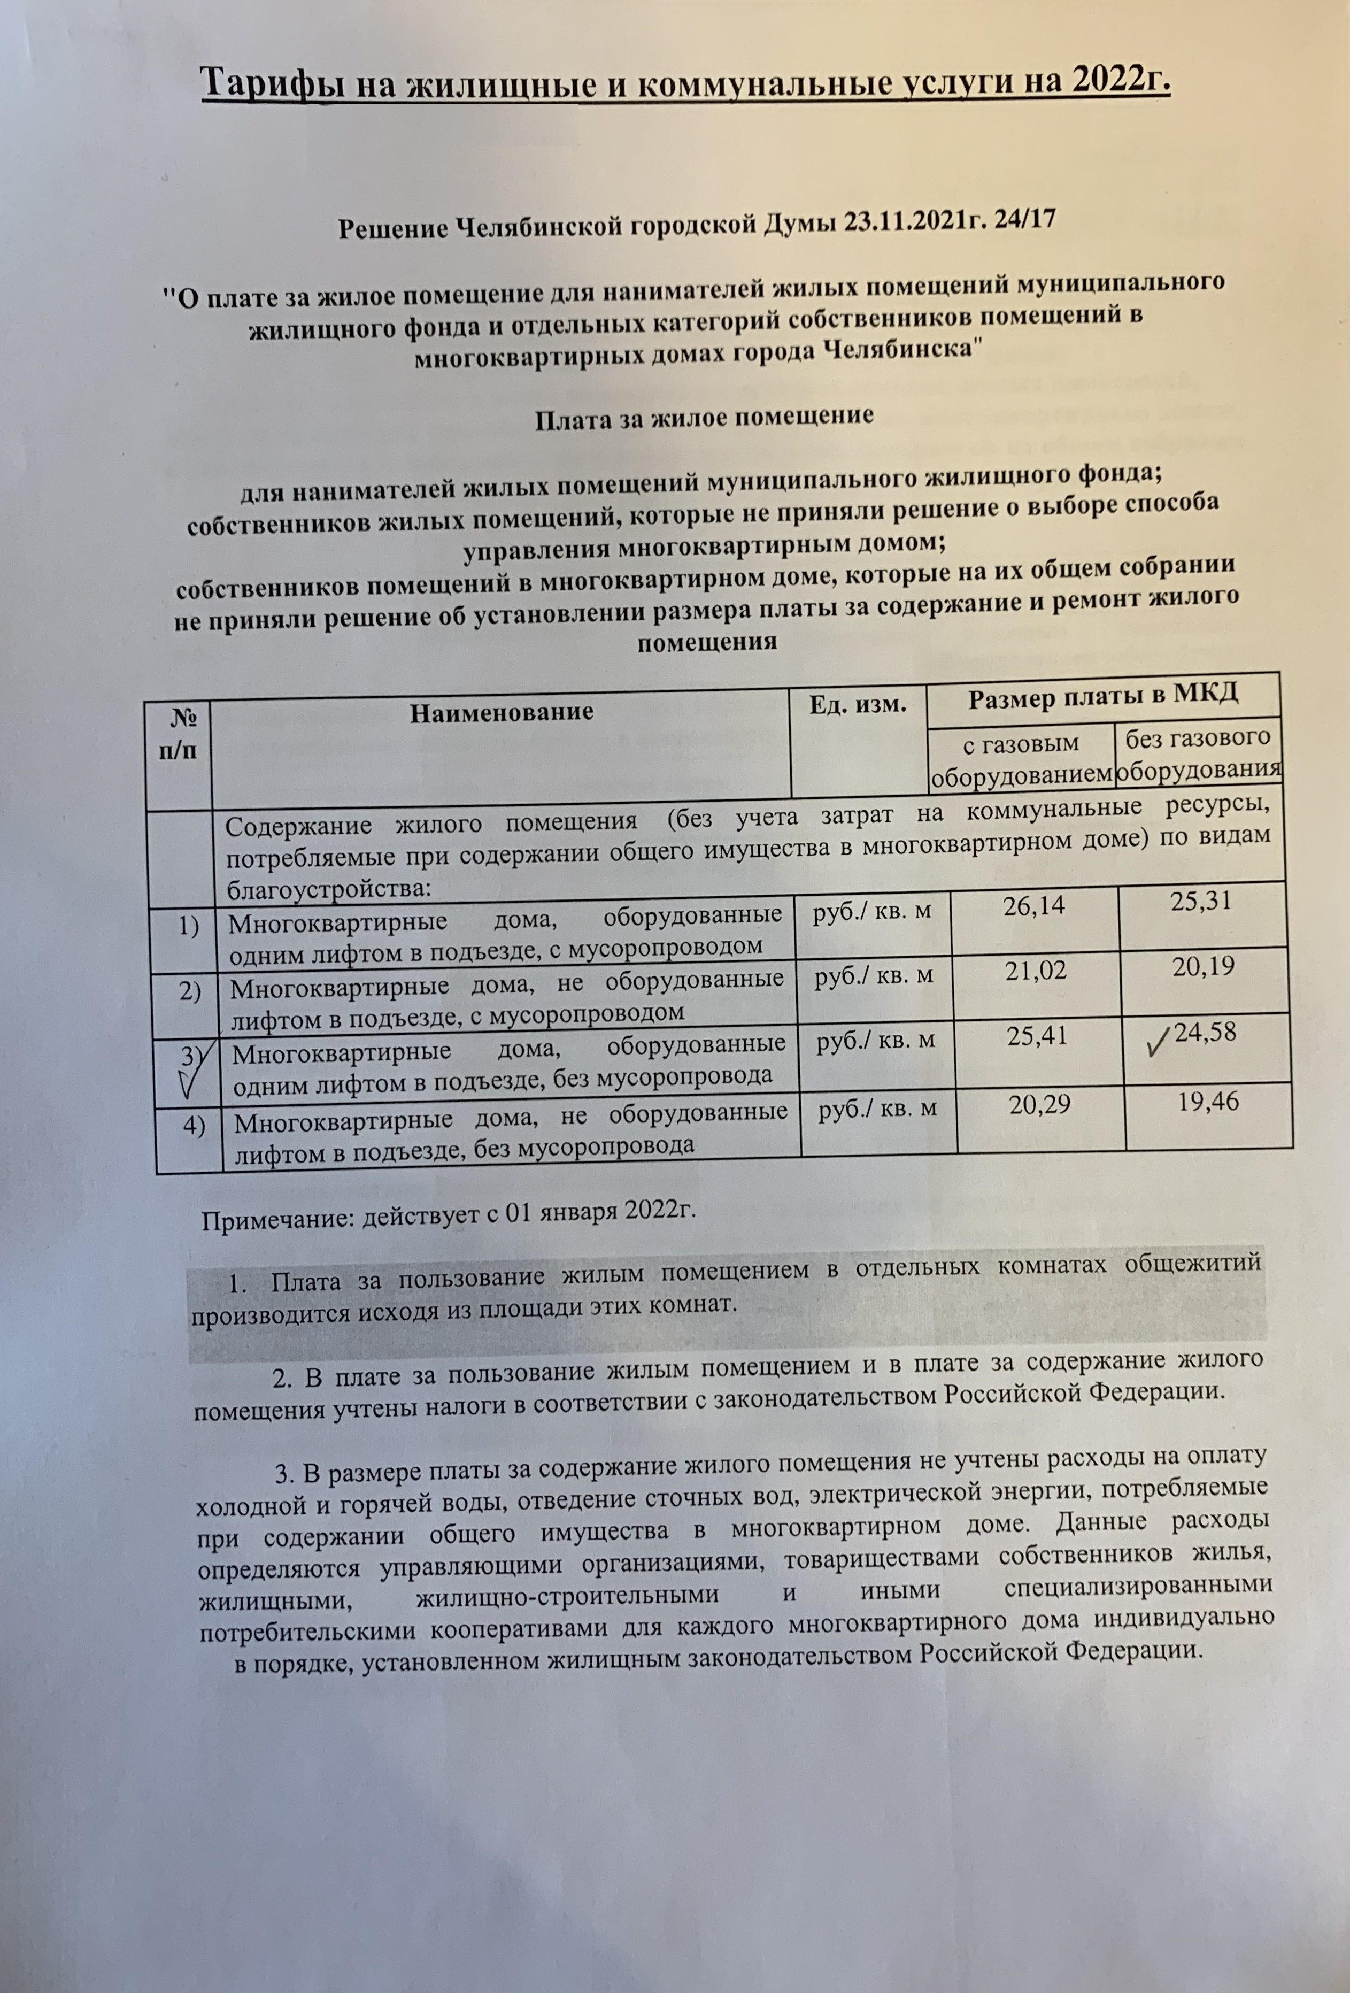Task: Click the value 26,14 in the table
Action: pos(1035,905)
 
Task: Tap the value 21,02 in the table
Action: pos(1037,972)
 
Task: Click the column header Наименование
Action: pos(501,713)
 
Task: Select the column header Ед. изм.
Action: pos(858,706)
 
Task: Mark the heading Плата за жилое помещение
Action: pos(704,419)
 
